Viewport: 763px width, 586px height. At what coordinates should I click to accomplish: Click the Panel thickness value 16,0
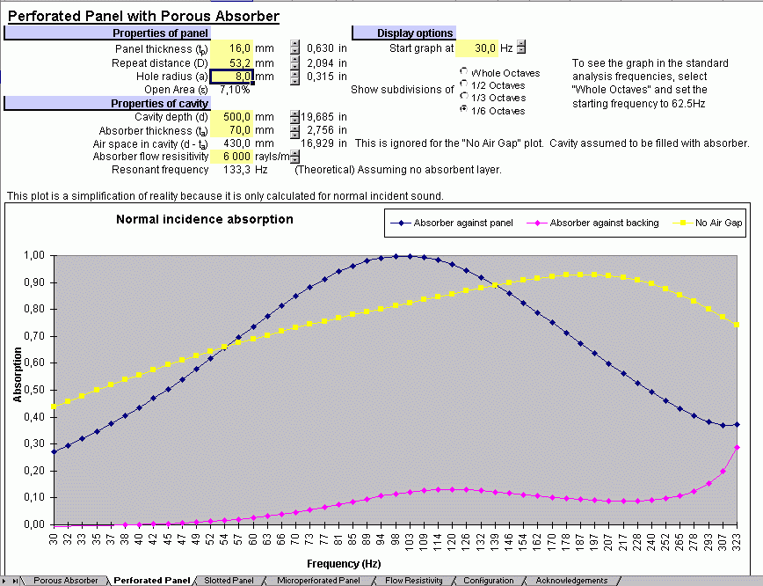[x=233, y=48]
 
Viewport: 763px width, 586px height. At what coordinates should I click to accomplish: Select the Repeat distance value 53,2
[x=233, y=62]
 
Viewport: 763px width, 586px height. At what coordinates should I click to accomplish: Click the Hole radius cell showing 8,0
[x=233, y=77]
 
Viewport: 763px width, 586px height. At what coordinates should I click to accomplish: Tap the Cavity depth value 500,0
[x=233, y=117]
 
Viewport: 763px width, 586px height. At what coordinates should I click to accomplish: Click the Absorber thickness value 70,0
[x=233, y=130]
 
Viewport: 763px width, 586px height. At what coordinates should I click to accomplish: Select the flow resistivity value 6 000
[x=233, y=157]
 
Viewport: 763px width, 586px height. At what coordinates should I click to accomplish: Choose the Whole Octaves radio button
[x=463, y=72]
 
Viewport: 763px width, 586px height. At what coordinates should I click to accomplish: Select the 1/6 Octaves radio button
[x=463, y=110]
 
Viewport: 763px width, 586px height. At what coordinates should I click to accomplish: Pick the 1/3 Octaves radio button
[x=463, y=98]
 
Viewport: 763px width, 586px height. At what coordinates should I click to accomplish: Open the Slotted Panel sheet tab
[x=229, y=581]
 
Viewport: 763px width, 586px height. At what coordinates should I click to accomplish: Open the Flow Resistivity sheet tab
[x=413, y=581]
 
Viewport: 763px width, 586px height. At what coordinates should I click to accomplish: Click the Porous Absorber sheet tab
[x=66, y=581]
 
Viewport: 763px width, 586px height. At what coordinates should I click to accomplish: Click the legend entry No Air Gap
[x=717, y=223]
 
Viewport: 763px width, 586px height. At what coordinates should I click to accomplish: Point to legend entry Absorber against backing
[x=603, y=223]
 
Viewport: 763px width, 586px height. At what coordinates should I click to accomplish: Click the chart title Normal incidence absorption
[x=205, y=219]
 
